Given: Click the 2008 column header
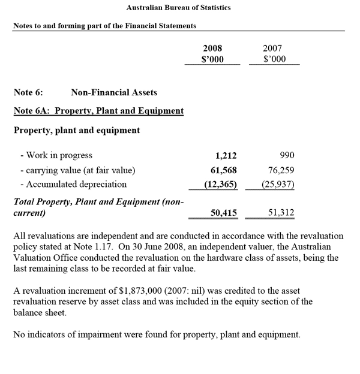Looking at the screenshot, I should [212, 49].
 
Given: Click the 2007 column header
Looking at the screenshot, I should [272, 49].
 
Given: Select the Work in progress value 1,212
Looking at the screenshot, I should [226, 155].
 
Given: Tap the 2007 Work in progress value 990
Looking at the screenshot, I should [286, 155].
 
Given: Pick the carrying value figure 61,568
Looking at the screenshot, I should [223, 170].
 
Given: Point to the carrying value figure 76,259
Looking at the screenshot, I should [281, 170].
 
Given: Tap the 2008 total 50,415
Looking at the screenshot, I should [223, 212].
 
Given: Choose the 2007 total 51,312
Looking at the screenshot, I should [281, 212].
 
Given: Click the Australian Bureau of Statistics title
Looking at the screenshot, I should [179, 7].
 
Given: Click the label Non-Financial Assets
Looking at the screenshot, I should [114, 92].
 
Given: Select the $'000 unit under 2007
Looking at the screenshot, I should [274, 59].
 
